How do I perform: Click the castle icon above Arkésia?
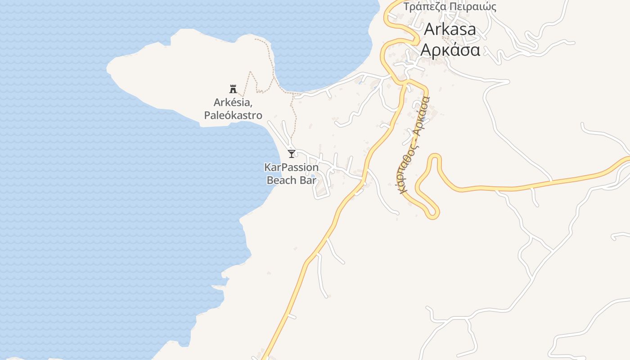pos(233,89)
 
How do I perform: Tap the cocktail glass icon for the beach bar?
pos(292,154)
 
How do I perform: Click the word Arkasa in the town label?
pos(450,29)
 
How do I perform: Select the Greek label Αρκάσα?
pos(450,49)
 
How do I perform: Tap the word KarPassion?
pos(292,167)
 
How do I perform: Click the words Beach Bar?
pos(292,180)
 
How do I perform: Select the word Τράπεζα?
pos(423,7)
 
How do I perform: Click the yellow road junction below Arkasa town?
pos(405,82)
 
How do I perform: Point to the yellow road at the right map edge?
pos(626,160)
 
